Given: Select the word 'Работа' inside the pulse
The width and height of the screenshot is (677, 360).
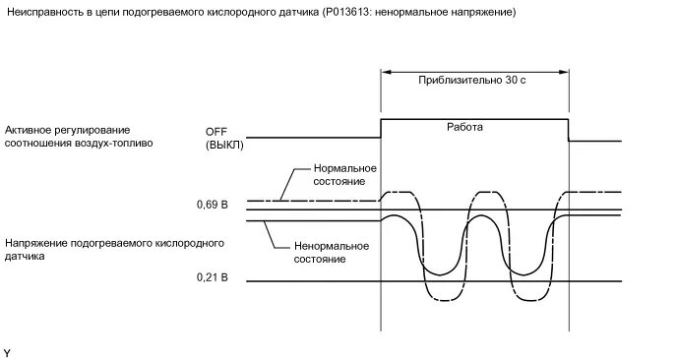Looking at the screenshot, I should pos(465,127).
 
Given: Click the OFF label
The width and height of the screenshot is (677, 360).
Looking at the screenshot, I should pos(216,131).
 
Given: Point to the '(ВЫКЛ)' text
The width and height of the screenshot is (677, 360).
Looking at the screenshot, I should pos(224,145).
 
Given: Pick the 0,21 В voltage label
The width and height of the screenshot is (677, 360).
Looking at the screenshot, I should pos(212,279).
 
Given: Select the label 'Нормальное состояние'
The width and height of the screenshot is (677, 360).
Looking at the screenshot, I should pos(340,175).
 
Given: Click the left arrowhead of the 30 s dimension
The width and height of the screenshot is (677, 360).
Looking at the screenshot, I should pos(386,71).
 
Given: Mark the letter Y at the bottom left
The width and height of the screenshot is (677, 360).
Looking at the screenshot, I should pos(8,351).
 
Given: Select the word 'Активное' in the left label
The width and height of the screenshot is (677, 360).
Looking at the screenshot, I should pos(29,130).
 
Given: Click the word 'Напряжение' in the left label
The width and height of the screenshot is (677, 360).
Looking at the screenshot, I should pos(35,241).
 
